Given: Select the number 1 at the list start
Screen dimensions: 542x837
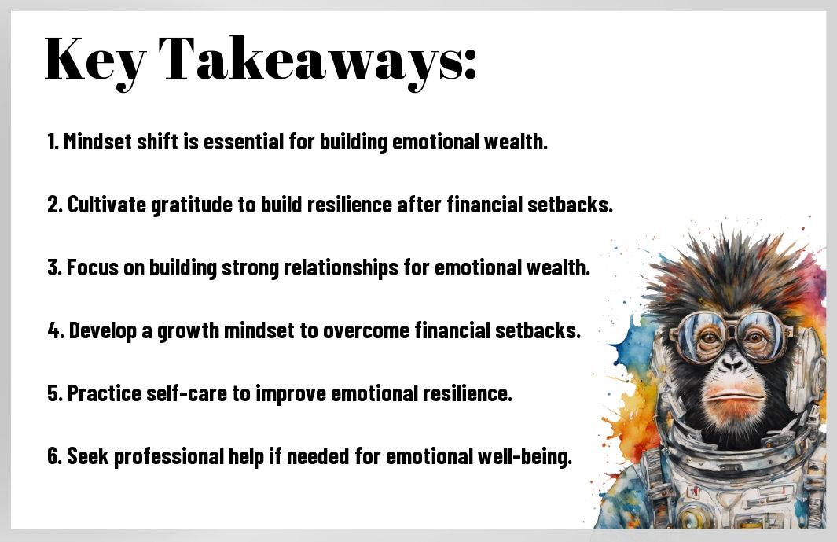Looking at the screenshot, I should coord(52,142).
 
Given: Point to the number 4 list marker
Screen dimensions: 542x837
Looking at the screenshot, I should coord(53,331).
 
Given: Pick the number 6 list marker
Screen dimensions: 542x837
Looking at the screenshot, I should coord(53,457).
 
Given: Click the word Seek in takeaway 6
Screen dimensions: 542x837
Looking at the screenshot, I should coord(87,457).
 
